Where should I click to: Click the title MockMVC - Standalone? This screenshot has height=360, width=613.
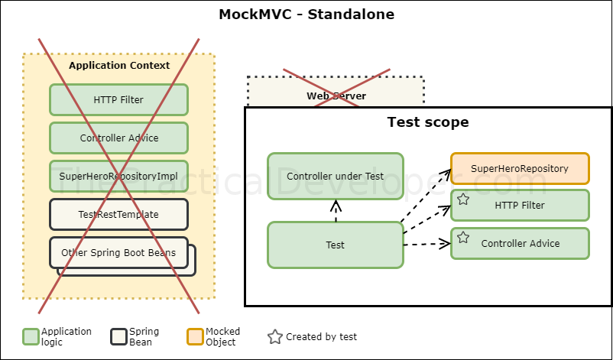pos(306,15)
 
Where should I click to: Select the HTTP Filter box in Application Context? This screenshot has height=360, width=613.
pos(118,99)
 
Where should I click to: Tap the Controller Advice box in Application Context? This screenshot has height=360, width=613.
pos(118,138)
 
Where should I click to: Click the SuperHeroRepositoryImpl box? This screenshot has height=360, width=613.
pos(118,176)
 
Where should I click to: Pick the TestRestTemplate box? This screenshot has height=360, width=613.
pos(118,214)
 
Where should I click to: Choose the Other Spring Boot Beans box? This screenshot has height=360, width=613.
pos(118,252)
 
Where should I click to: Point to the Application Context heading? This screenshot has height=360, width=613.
pos(119,66)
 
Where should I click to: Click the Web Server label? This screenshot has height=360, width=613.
pos(336,96)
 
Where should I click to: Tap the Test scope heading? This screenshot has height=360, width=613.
pos(427,122)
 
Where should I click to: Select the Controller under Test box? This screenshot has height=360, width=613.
pos(335,176)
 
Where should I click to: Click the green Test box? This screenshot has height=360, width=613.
pos(335,245)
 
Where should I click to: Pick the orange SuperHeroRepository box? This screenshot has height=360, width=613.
pos(520,168)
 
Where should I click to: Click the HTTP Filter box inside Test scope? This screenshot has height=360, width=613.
pos(520,205)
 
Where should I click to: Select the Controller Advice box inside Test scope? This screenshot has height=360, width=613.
pos(520,243)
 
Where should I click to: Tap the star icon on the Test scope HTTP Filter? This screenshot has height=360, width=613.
pos(462,200)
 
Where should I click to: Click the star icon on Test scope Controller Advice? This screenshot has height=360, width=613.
pos(462,238)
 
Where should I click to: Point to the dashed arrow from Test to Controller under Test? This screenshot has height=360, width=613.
pos(335,211)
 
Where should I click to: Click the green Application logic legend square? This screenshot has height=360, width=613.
pos(31,337)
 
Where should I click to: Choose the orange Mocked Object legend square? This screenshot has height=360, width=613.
pos(195,337)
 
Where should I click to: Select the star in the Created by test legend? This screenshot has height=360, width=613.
pos(275,337)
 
